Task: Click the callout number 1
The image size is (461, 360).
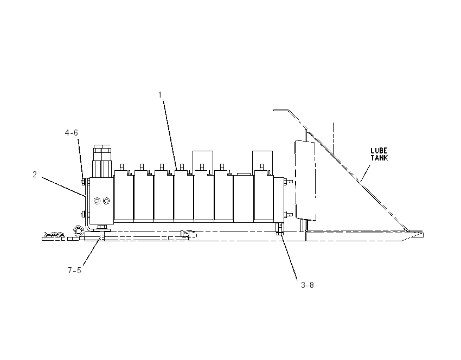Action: [x=160, y=95]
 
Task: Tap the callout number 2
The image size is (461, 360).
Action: [x=35, y=175]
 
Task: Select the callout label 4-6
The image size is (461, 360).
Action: [x=72, y=133]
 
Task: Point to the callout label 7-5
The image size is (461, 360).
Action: [x=74, y=271]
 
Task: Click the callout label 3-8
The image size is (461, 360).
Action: [x=307, y=285]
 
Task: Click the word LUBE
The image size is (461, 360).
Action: [x=379, y=151]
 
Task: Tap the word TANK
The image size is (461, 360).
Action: [x=379, y=158]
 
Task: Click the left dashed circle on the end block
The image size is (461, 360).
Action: [x=97, y=201]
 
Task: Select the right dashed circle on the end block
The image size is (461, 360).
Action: [x=106, y=201]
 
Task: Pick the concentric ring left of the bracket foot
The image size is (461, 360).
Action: [x=78, y=230]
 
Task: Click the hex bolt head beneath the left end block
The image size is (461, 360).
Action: [x=102, y=228]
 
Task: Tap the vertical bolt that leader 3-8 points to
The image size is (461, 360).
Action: [x=280, y=229]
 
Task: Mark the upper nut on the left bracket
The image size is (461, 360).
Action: [x=83, y=182]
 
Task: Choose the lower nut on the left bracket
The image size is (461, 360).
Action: [x=83, y=215]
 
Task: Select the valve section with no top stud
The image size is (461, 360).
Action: [x=243, y=198]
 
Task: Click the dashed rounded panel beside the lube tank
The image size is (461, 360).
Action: [x=305, y=180]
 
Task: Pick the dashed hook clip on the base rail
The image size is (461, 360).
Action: [x=189, y=234]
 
